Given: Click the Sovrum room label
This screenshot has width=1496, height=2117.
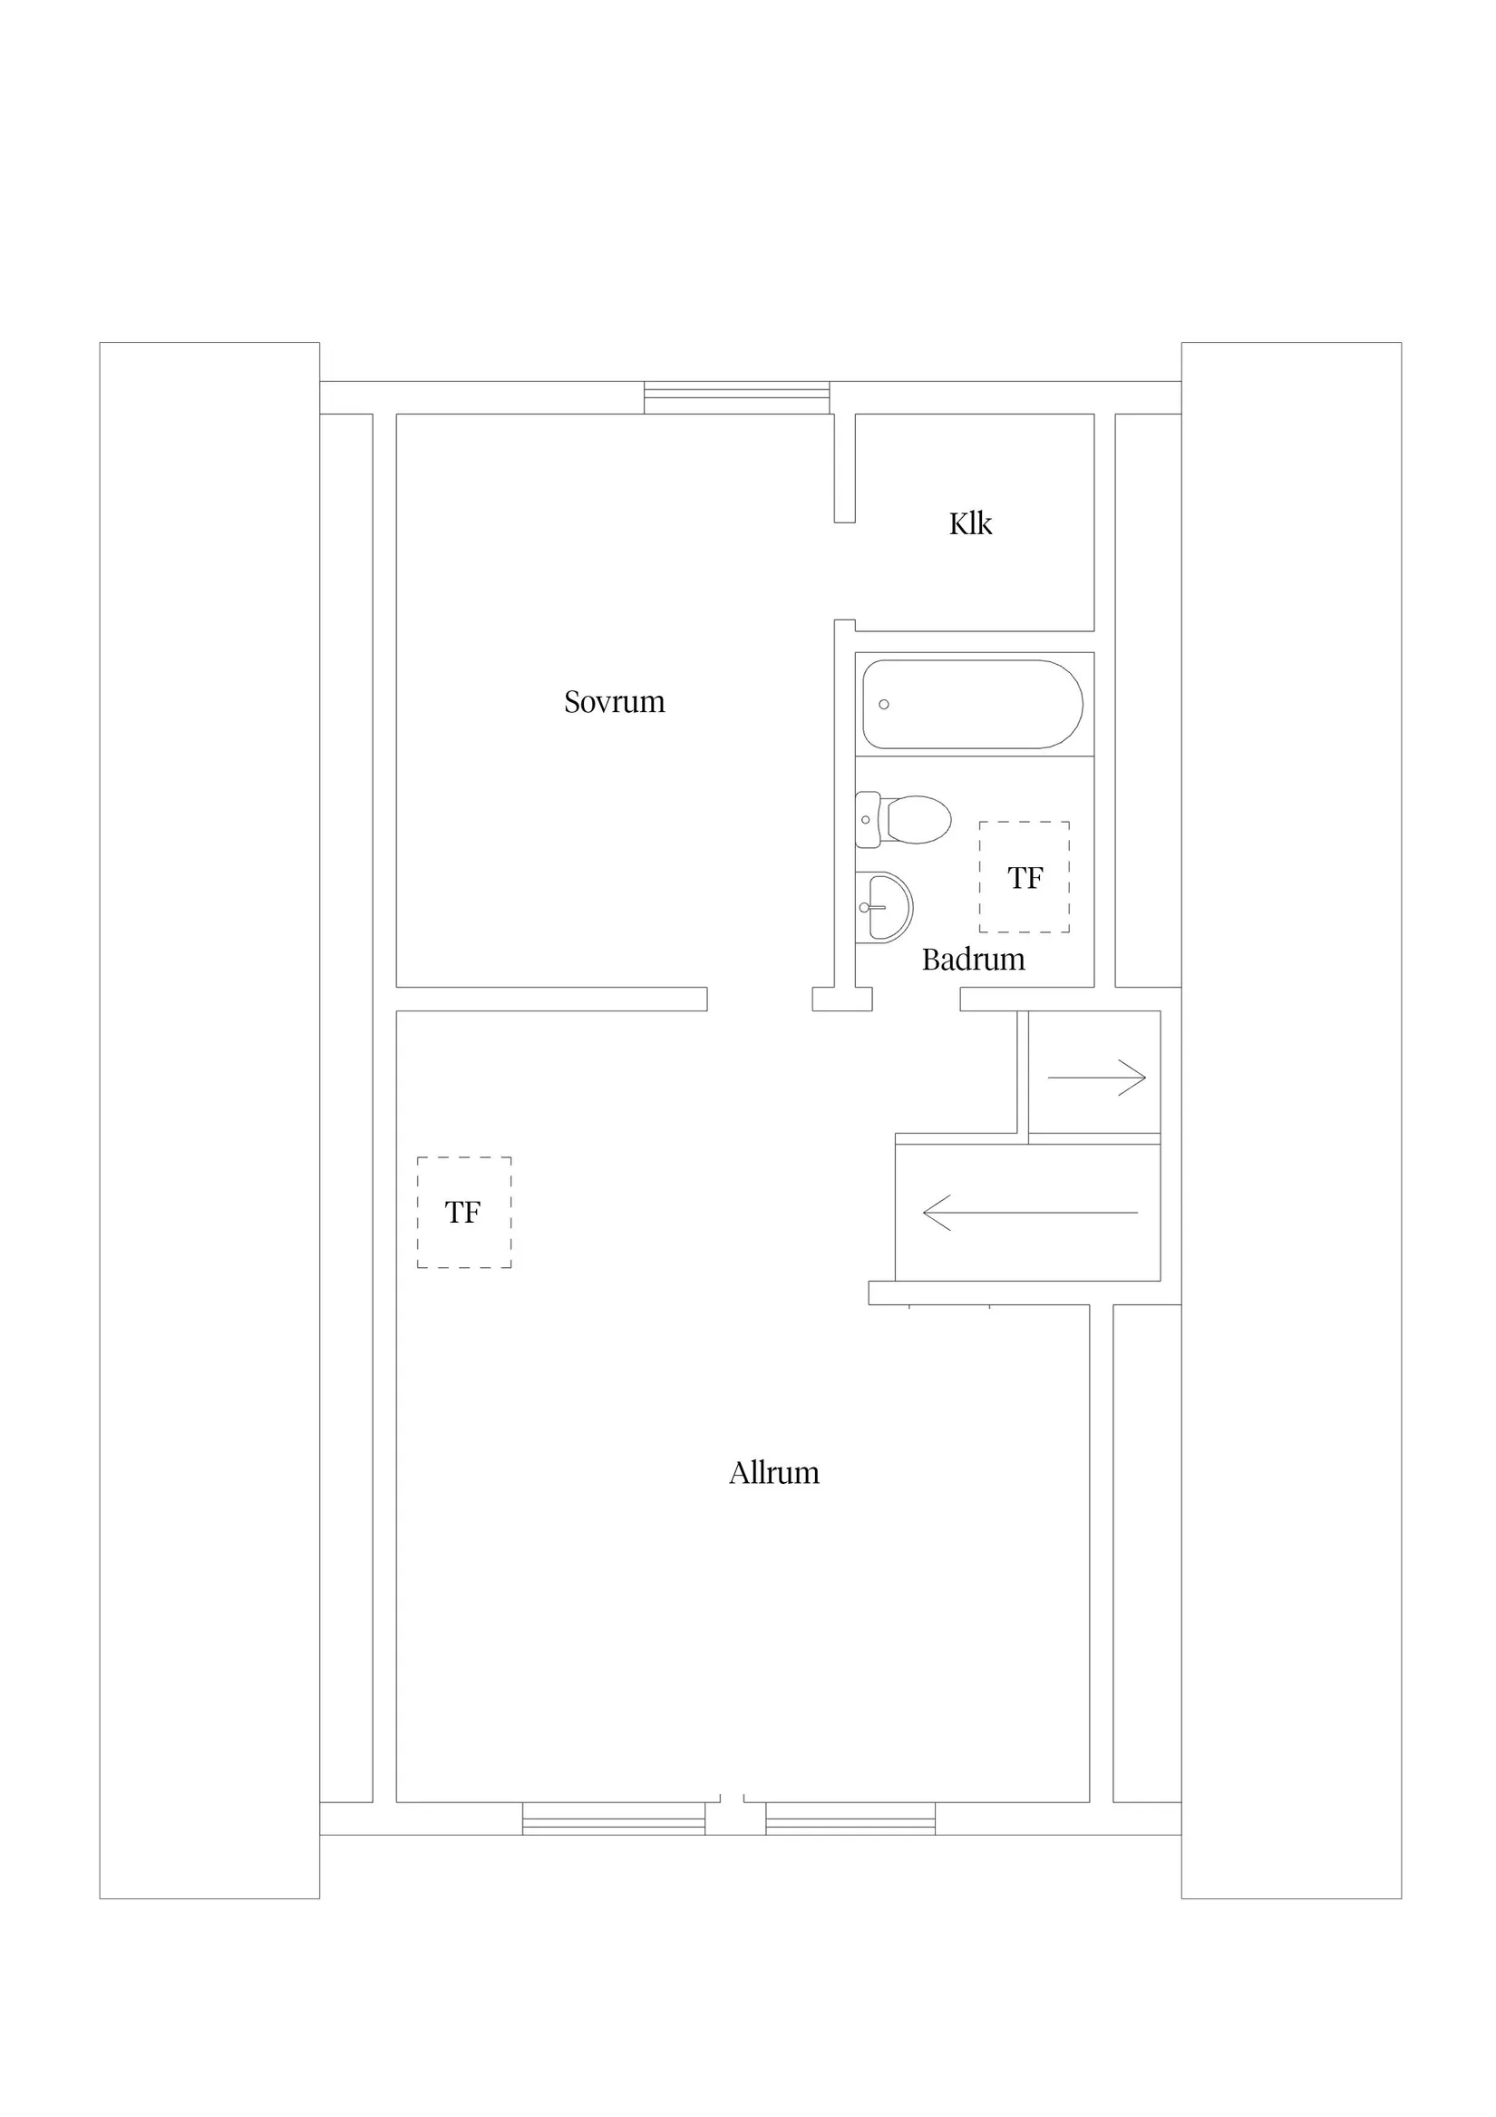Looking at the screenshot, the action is [x=614, y=703].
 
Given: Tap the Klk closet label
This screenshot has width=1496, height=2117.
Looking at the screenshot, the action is [x=971, y=523].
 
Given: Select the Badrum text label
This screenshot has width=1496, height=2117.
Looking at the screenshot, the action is [x=974, y=960].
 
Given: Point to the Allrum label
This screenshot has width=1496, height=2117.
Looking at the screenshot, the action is [x=774, y=1472].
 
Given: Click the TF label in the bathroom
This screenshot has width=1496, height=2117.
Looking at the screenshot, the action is [x=1025, y=878].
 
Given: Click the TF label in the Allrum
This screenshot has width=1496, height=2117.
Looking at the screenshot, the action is [x=462, y=1213].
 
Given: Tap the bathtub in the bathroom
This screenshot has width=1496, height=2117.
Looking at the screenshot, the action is [x=973, y=705].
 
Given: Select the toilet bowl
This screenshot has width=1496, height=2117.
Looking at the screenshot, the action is [x=918, y=820].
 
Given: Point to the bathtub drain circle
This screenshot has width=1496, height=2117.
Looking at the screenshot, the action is [x=884, y=705].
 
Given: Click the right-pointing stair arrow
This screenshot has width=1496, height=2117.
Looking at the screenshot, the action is [x=1096, y=1077].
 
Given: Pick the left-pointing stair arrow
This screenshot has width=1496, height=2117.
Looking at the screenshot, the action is [x=1031, y=1213].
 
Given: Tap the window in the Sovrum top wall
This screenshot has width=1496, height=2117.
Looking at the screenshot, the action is [x=736, y=397].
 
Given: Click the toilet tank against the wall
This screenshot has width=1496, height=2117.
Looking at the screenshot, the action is [x=867, y=820].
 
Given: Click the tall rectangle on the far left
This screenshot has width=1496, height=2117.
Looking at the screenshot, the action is [x=209, y=1120].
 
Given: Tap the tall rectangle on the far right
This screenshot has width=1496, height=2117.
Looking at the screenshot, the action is [x=1291, y=1120].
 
